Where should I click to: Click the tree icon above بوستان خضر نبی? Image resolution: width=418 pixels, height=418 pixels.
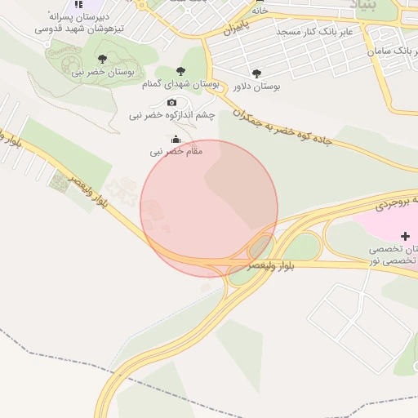102,58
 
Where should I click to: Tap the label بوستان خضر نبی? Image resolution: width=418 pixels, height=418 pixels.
102,72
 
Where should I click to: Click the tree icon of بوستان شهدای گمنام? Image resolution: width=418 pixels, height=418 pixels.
180,72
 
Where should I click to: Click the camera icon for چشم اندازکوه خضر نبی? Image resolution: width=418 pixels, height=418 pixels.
171,102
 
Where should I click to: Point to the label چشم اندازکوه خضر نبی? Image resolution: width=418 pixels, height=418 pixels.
171,115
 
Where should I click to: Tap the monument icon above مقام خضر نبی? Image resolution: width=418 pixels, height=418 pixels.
176,139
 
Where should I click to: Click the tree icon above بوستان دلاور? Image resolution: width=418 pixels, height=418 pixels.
257,73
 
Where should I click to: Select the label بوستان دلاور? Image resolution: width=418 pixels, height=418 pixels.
257,86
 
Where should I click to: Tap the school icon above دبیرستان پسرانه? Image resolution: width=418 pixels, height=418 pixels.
78,5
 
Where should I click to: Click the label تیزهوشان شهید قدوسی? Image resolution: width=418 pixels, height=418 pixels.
79,27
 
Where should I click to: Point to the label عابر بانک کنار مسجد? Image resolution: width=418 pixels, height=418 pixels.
315,31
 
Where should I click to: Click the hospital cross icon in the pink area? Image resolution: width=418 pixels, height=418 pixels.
405,235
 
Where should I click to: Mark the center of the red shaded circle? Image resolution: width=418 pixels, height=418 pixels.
209,208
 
